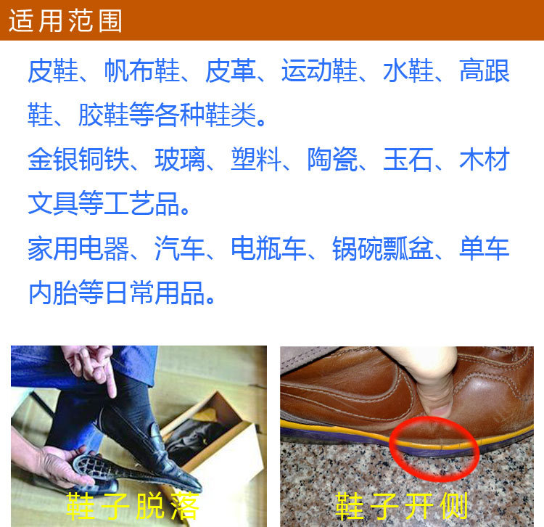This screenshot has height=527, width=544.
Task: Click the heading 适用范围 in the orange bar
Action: pos(65,20)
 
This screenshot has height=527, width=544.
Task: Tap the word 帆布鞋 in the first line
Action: pos(142,70)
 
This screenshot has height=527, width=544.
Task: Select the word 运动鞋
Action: pos(319,70)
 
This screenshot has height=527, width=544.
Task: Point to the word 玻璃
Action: pos(180,160)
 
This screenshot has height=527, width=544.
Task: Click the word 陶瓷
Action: pos(332,160)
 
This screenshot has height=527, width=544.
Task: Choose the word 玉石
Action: pos(408,160)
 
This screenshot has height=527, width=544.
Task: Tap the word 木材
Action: pos(485,160)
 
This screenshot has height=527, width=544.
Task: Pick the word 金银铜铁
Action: pos(78,160)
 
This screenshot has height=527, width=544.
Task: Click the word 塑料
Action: pos(256,160)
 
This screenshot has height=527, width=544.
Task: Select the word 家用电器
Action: pos(78,248)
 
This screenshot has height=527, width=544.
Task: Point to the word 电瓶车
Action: pos(268,248)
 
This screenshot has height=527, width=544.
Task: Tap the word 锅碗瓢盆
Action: pos(383,248)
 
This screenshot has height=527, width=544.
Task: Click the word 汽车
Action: pos(180,248)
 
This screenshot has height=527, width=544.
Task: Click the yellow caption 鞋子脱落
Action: pos(133,506)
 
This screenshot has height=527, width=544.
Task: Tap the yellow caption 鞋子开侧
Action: pos(402,506)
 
